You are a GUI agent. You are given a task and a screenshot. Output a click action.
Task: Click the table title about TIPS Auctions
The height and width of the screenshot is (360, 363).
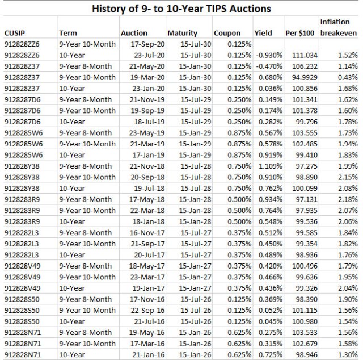pos(181,9)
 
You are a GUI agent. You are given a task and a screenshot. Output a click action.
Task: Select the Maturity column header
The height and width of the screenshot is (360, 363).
pos(182,33)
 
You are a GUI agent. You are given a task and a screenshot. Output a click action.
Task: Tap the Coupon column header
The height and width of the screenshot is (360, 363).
pos(227,33)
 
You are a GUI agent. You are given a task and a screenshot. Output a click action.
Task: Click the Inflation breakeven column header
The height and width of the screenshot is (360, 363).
pos(339,27)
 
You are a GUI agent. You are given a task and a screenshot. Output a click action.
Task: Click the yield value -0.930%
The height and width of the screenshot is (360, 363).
pos(269,55)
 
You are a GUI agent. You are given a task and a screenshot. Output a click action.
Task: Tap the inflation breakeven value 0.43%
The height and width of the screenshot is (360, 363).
pos(346,77)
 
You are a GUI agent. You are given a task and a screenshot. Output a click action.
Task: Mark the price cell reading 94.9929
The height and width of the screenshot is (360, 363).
pos(303,77)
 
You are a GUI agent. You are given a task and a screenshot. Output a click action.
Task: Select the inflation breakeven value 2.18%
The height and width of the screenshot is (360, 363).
pos(346,198)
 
